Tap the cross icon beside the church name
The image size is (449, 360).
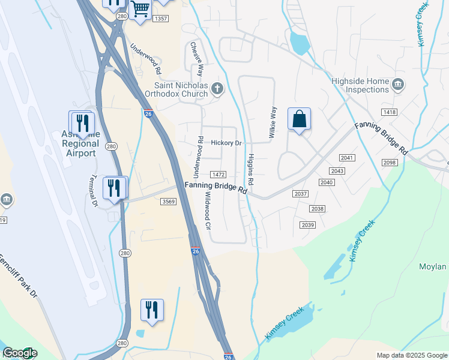217,90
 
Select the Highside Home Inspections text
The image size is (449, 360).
360,85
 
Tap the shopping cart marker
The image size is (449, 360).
140,10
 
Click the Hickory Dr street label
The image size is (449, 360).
226,143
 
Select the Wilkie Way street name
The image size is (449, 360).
273,123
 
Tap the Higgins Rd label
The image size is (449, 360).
250,169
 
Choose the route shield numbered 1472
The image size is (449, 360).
218,175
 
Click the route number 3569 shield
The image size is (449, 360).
169,202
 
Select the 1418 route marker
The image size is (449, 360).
389,112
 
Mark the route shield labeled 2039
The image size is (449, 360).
307,224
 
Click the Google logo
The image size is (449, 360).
20,353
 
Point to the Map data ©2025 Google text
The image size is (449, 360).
411,355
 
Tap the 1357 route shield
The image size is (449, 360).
160,19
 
